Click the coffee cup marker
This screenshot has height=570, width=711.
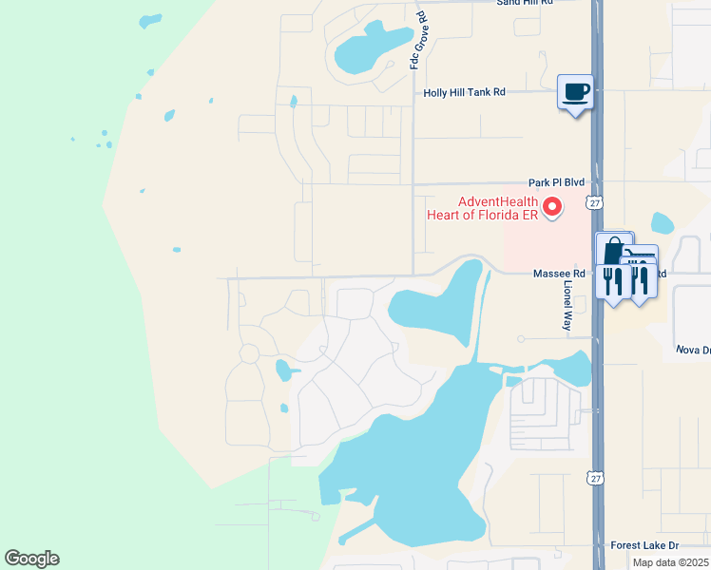point(574,92)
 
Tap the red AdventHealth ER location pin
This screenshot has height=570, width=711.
point(551,204)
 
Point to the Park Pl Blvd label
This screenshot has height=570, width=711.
point(556,182)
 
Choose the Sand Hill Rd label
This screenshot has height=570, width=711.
point(525,3)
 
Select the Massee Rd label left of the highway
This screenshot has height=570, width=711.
point(551,274)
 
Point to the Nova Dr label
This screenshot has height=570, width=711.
point(693,350)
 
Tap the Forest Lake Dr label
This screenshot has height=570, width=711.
point(645,545)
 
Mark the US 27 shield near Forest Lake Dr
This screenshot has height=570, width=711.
point(593,477)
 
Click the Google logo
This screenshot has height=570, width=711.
point(32,559)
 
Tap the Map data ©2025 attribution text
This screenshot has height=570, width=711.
point(670,562)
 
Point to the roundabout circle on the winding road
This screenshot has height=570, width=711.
point(249,354)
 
